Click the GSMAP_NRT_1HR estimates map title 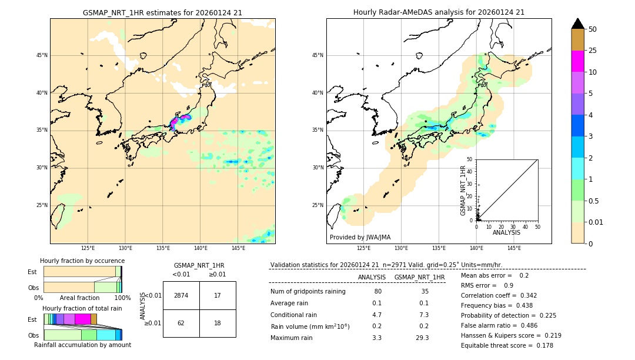point(162,12)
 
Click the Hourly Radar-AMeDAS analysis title point(439,12)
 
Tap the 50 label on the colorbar point(593,29)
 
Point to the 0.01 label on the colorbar point(596,222)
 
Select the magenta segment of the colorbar point(577,61)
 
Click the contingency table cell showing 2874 point(181,295)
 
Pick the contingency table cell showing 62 point(181,323)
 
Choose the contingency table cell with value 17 point(218,295)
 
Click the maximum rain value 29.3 point(422,338)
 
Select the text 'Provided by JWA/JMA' point(360,238)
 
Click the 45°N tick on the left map point(42,55)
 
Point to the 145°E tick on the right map point(514,249)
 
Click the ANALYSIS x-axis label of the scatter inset point(507,232)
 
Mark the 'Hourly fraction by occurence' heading point(82,261)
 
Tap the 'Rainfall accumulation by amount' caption point(82,345)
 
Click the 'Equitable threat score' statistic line point(507,345)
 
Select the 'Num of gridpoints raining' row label point(308,292)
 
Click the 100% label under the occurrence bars point(122,298)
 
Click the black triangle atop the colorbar point(577,24)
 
